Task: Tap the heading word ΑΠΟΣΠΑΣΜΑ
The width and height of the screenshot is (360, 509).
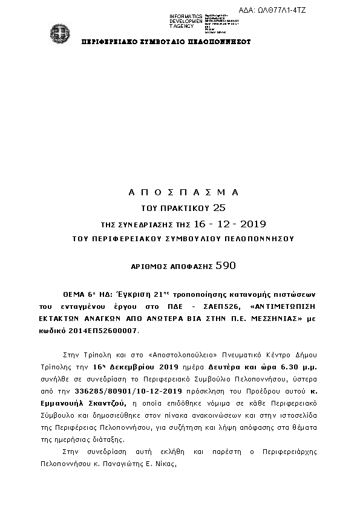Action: click(x=184, y=192)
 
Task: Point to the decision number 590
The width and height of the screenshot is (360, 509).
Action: click(x=225, y=265)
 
